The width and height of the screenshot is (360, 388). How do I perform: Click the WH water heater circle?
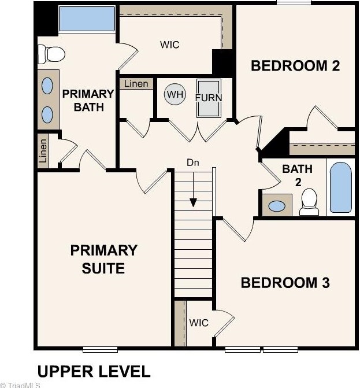tap(175, 94)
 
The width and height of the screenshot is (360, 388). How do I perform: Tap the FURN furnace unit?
tap(209, 98)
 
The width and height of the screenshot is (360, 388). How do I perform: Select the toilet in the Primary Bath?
tap(51, 54)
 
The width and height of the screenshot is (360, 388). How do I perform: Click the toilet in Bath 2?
tap(309, 202)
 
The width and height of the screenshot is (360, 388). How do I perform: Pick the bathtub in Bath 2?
tap(341, 187)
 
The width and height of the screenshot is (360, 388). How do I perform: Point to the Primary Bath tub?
tap(87, 19)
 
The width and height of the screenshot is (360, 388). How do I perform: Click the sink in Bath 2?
tap(277, 206)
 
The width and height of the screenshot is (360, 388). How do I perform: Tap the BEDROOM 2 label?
tap(295, 66)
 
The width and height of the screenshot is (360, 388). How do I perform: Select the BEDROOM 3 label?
tap(285, 283)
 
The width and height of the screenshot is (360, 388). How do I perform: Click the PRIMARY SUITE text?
tap(103, 259)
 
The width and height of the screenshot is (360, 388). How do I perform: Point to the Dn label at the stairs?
tap(193, 162)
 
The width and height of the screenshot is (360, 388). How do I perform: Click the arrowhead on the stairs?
tap(193, 202)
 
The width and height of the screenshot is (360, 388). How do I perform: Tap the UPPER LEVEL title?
tap(94, 371)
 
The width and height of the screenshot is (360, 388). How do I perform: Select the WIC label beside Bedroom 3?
tap(199, 323)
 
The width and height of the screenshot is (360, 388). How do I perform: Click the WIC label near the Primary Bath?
tap(170, 45)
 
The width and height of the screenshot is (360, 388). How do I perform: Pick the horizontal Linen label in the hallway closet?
tap(136, 84)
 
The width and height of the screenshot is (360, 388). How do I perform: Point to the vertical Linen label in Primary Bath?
tap(43, 150)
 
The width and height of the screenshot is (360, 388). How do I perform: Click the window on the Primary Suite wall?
tap(100, 349)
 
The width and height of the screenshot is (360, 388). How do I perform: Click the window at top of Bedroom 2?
tap(294, 2)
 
